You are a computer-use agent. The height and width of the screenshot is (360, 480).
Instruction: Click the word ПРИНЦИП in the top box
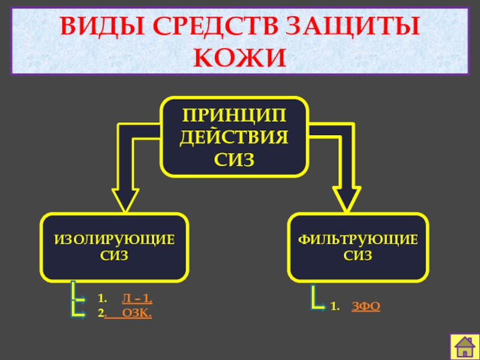click(235, 114)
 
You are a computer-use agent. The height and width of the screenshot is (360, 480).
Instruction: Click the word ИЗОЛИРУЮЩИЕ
click(115, 240)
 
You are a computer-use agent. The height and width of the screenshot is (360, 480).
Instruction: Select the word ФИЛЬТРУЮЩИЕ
click(358, 240)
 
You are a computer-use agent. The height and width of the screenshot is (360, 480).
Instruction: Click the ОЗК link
click(137, 313)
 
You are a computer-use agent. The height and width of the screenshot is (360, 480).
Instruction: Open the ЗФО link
click(365, 307)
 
